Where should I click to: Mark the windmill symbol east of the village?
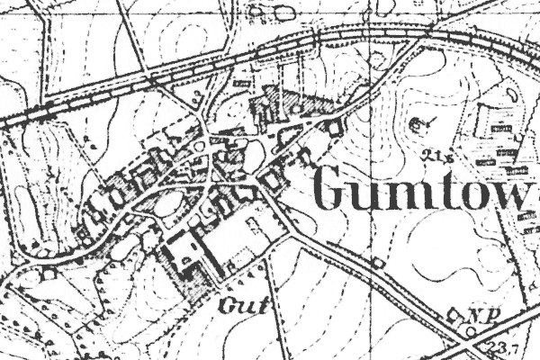coord(418,122)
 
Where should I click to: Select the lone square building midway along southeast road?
coord(378,262)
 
